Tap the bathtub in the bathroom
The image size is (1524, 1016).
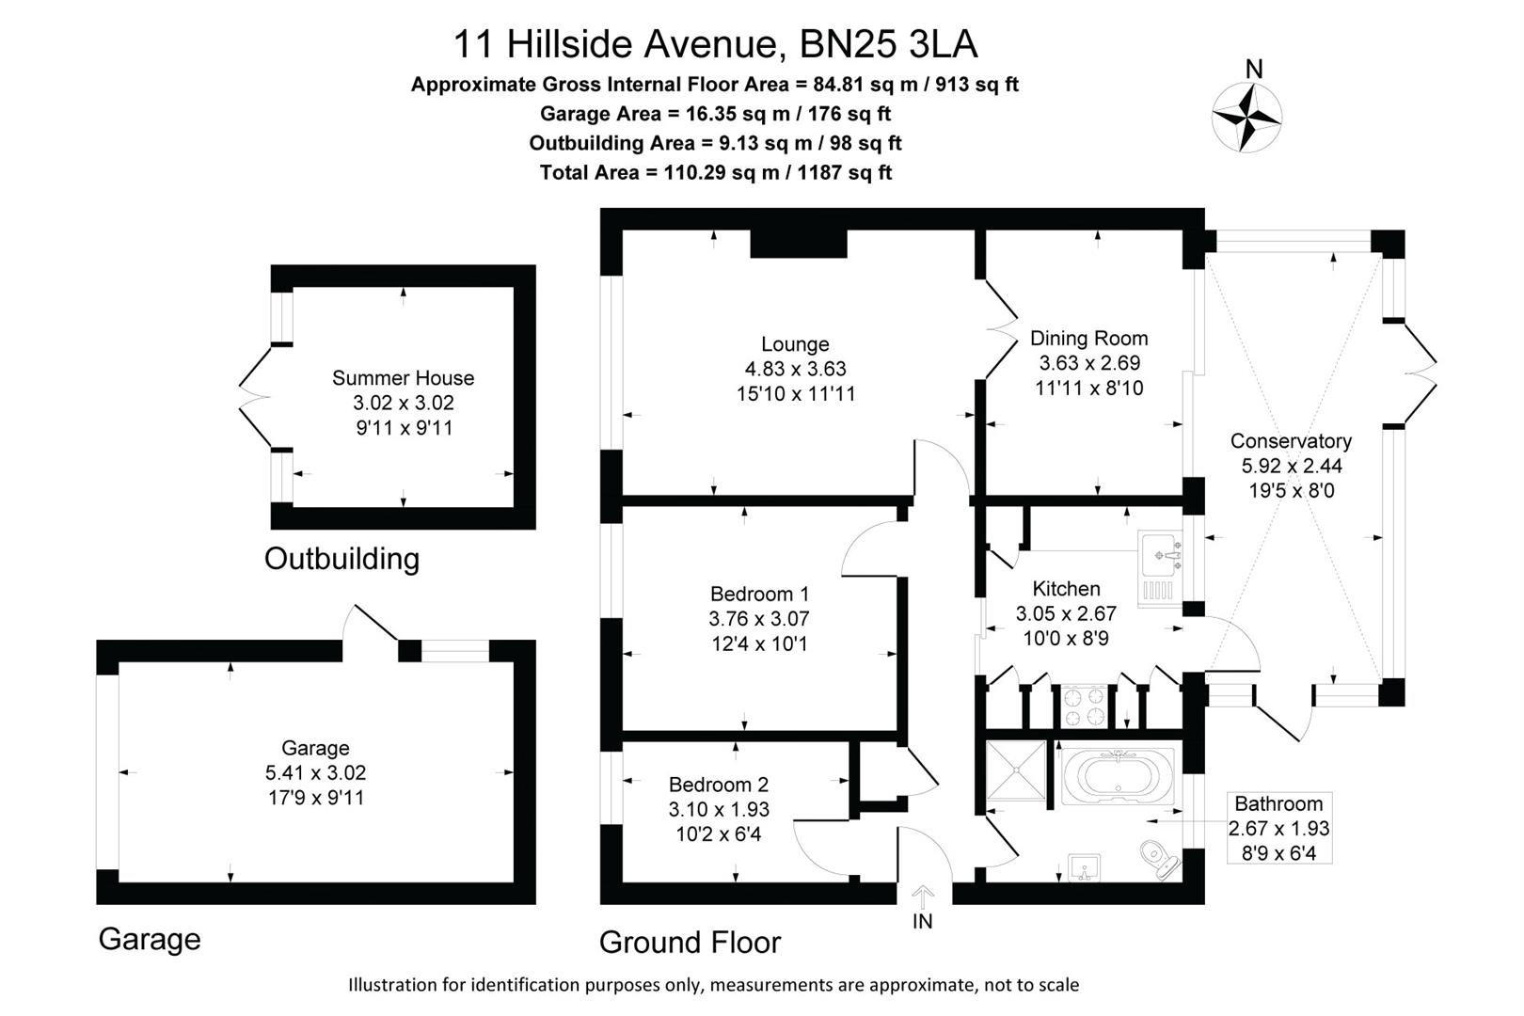[x=1119, y=776]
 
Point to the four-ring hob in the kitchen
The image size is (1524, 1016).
[x=1084, y=706]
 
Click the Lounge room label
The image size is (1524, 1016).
[x=795, y=344]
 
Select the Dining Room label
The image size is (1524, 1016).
[x=1088, y=338]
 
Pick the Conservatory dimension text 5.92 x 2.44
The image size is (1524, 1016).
[x=1292, y=466]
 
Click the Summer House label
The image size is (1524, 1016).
[x=403, y=378]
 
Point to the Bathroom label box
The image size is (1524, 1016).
[x=1278, y=828]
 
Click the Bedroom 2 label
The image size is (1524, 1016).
[x=719, y=785]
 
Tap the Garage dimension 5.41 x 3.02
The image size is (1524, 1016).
[x=315, y=772]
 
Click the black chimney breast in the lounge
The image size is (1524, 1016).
[x=798, y=244]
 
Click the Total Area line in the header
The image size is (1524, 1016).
[x=715, y=172]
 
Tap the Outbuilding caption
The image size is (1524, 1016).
[x=341, y=559]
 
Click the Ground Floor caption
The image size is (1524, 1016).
[x=690, y=942]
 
